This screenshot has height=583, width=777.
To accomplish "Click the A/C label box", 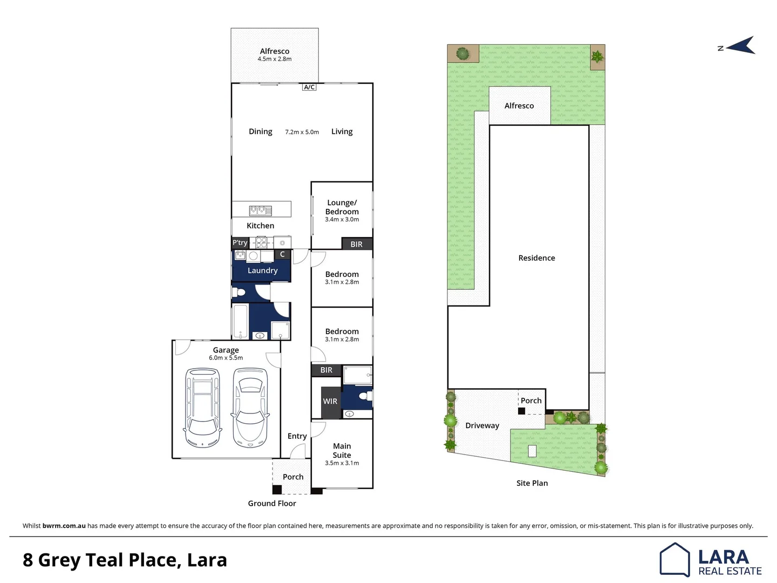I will tap(309, 87).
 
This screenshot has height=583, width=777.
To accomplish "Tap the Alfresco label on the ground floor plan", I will tap(274, 51).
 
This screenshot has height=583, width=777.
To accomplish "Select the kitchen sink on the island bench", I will tap(260, 210).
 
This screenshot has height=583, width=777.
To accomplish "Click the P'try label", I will tap(240, 243).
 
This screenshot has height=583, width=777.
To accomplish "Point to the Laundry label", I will tap(262, 270).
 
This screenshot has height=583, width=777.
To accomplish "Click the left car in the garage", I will tap(202, 408).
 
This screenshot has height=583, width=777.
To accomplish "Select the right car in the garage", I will tap(250, 408).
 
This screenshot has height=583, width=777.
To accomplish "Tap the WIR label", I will tap(330, 402).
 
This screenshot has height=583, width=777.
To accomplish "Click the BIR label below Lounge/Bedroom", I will tap(356, 245).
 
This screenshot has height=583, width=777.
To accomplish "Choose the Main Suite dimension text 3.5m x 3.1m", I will tap(342, 463).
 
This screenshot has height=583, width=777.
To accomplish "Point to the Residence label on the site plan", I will tap(536, 258).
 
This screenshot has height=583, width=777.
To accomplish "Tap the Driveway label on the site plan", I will tap(482, 425).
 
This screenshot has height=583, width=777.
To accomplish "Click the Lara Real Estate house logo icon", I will tap(674, 560).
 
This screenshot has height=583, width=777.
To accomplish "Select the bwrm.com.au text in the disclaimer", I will tap(64, 526).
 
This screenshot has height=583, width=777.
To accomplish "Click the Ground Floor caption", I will tap(272, 503).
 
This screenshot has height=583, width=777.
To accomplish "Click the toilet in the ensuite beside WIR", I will tap(364, 396).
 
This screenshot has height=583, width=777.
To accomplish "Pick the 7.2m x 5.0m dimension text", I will tap(302, 132).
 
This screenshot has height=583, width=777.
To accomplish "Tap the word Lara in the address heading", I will tap(207, 560).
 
